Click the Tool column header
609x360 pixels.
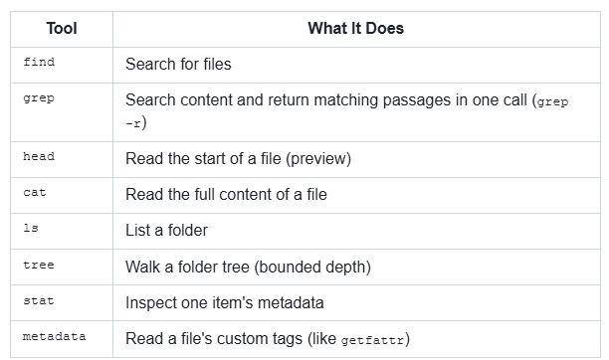tap(62, 29)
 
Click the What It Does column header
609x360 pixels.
tap(356, 29)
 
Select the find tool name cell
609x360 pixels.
tap(39, 62)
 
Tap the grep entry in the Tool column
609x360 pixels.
tap(39, 98)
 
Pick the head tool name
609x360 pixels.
tap(39, 156)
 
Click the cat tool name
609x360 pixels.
tap(35, 193)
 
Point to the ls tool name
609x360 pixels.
tap(31, 228)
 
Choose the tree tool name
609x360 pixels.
tap(39, 265)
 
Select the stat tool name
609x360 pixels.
tap(39, 300)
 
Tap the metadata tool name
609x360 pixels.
tap(55, 336)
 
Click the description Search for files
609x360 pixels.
tap(178, 64)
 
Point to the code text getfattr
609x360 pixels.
tap(372, 340)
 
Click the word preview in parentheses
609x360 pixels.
tap(318, 159)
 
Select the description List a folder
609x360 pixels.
tap(166, 231)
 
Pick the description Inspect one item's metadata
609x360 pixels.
tap(225, 303)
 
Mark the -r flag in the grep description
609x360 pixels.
tap(133, 124)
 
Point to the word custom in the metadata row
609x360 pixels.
tap(241, 339)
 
